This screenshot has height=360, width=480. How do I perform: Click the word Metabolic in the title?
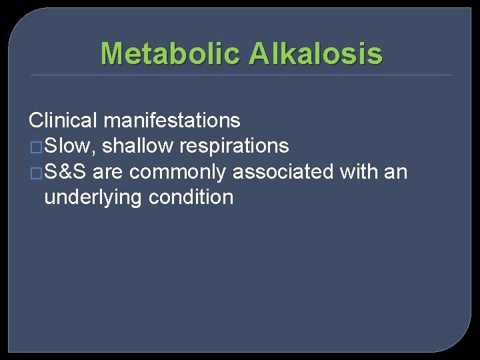pyautogui.click(x=171, y=53)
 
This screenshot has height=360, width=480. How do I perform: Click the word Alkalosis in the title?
pyautogui.click(x=315, y=53)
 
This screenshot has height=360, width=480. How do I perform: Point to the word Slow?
pyautogui.click(x=70, y=146)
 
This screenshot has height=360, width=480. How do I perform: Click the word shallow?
pyautogui.click(x=138, y=146)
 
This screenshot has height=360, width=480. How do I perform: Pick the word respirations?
pyautogui.click(x=235, y=146)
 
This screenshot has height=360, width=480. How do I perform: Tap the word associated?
pyautogui.click(x=283, y=172)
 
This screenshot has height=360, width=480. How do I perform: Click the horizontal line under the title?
pyautogui.click(x=240, y=75)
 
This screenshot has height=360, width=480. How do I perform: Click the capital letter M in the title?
pyautogui.click(x=113, y=53)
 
